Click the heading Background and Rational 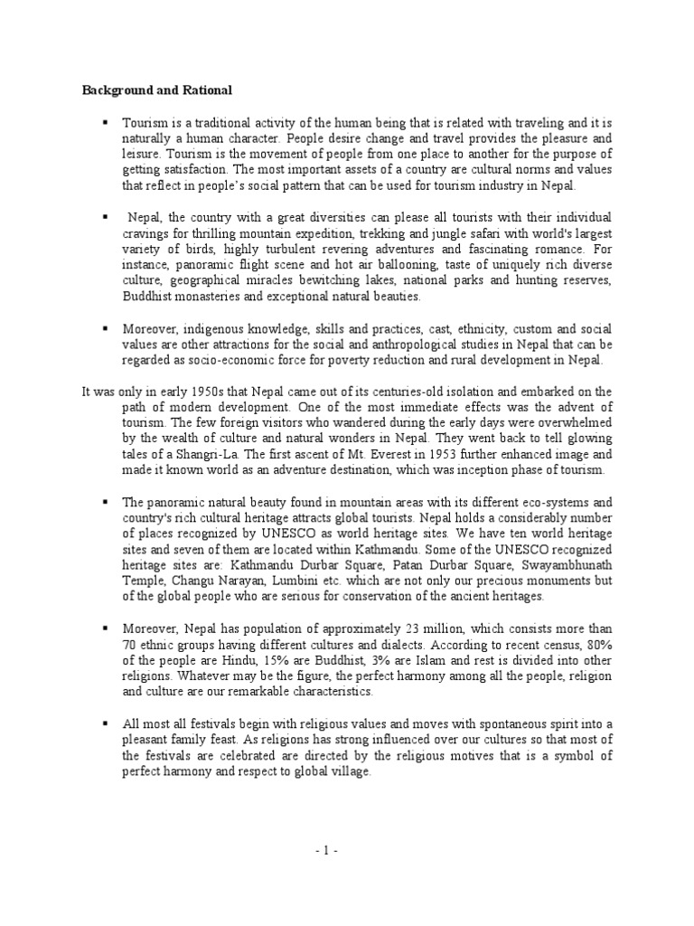[x=157, y=90]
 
